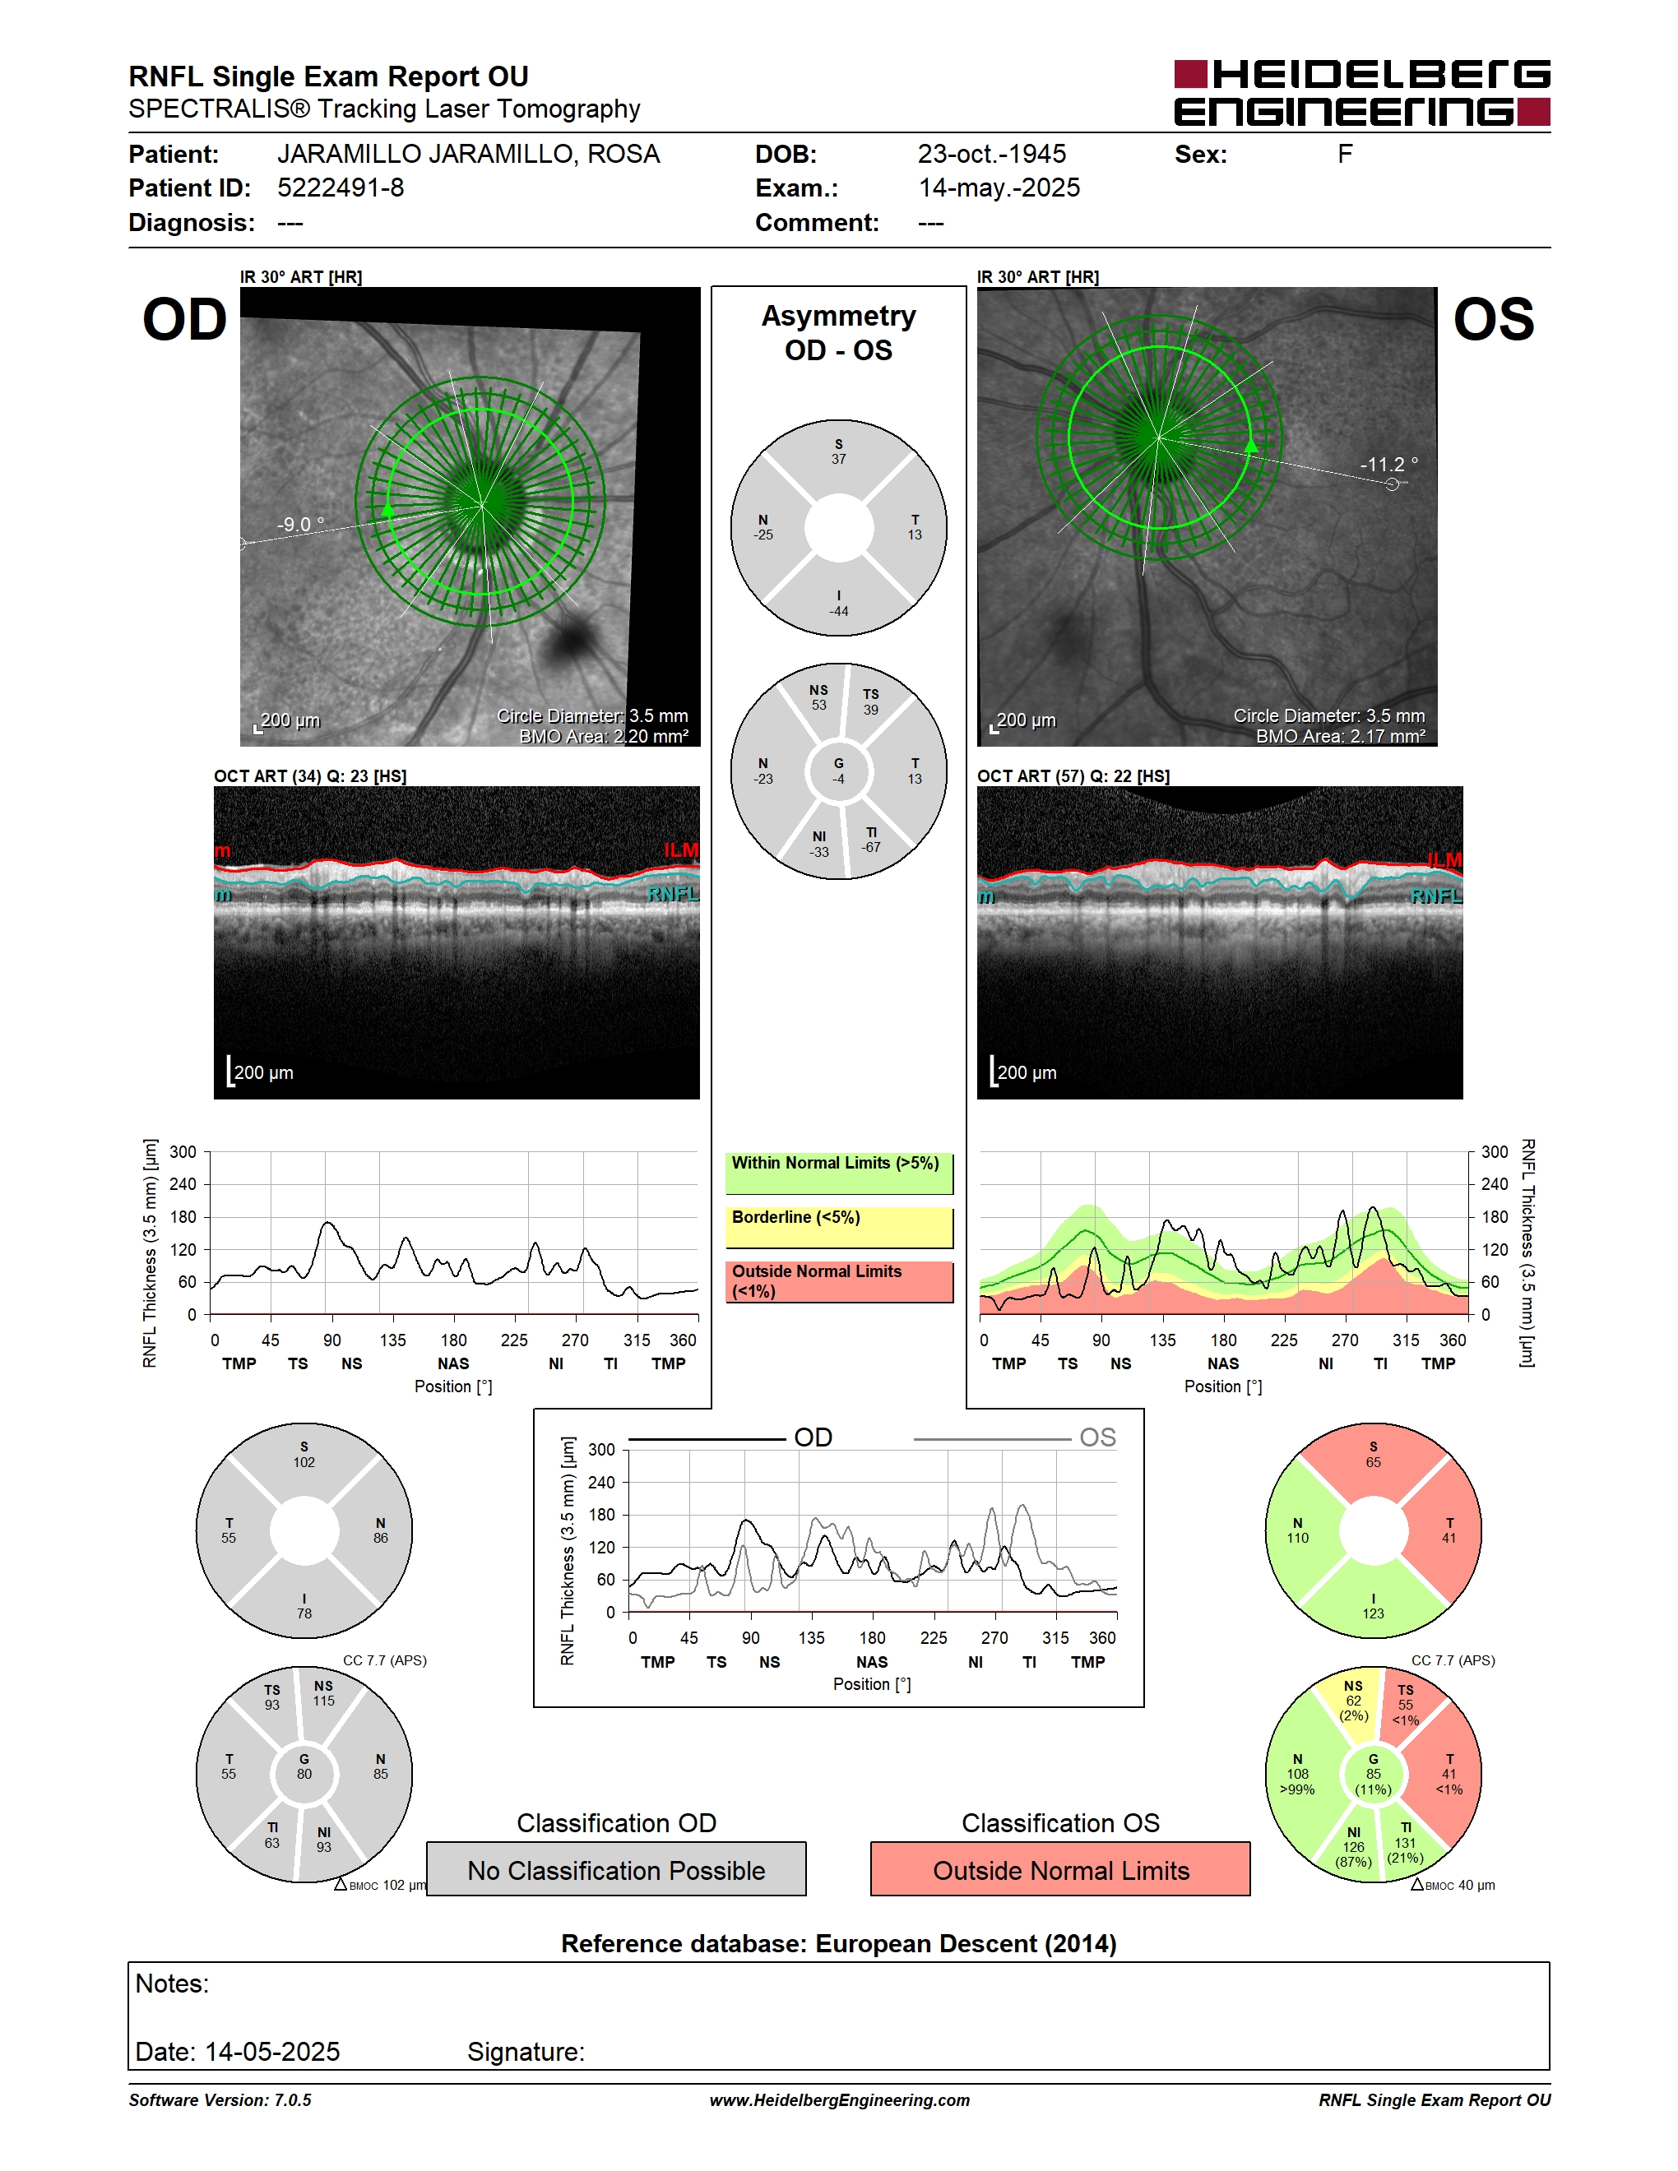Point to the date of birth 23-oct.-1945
point(991,154)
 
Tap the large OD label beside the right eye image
point(185,320)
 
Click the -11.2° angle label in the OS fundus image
point(1388,465)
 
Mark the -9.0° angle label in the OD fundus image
point(300,524)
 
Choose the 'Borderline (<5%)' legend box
point(839,1228)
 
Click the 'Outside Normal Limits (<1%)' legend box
point(839,1281)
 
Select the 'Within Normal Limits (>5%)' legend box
point(839,1173)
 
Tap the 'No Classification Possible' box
point(616,1869)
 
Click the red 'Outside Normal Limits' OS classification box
point(1061,1869)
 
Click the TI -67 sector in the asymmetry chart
point(872,840)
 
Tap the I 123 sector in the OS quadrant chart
point(1373,1604)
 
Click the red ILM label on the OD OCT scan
point(681,850)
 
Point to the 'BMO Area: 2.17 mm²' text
point(1340,737)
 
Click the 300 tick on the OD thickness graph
point(183,1152)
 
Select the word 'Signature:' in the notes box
point(526,2052)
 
